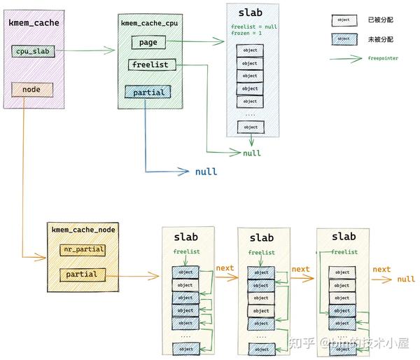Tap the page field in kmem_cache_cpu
(148, 43)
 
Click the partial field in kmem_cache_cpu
(147, 92)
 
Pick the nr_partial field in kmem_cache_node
(82, 250)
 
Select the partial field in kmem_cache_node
(82, 275)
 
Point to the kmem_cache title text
(34, 23)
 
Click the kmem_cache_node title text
(83, 229)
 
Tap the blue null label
(206, 172)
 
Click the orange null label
(406, 279)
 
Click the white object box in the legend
(344, 20)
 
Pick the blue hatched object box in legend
(344, 39)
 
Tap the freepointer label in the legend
(383, 58)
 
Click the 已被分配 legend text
(384, 20)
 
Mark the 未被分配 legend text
(384, 39)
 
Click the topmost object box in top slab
(251, 50)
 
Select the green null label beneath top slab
(252, 153)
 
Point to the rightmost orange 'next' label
(381, 269)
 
